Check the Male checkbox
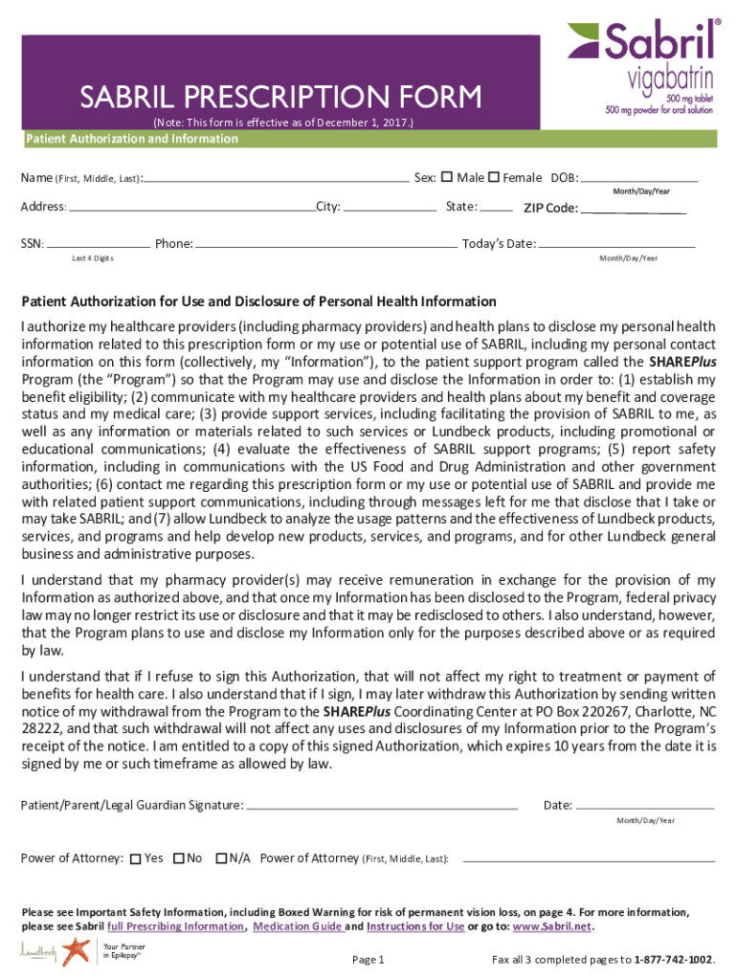point(446,177)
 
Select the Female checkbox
point(494,177)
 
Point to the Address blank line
point(191,207)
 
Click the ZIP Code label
point(549,209)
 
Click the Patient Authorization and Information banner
point(131,140)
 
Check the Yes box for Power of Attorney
point(136,858)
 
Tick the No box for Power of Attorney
point(178,858)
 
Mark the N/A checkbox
point(221,858)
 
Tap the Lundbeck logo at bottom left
point(38,952)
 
